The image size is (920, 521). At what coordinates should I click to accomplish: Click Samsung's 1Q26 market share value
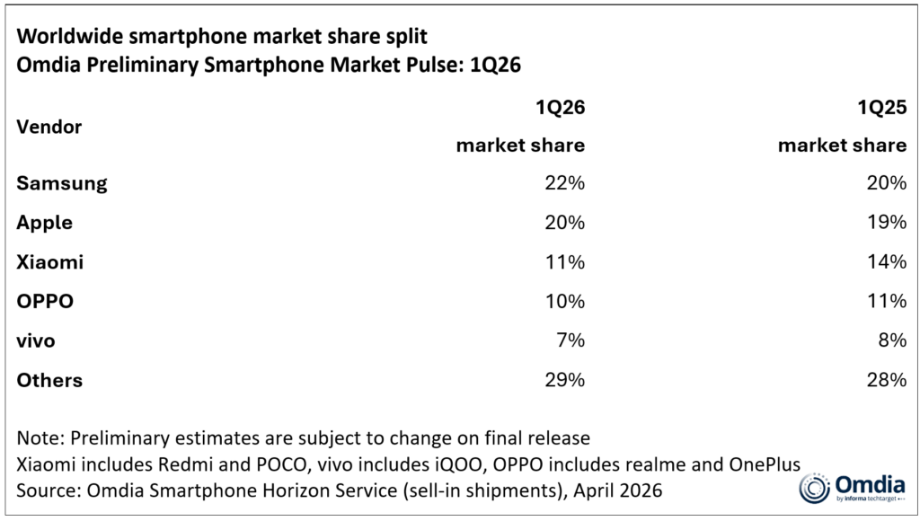[x=565, y=183]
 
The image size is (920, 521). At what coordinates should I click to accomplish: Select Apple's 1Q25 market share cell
[x=887, y=223]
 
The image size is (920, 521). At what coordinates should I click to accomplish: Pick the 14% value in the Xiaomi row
[x=887, y=262]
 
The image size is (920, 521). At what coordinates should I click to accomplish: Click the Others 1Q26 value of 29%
[x=565, y=380]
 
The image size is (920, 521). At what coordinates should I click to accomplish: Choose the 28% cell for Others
[x=887, y=380]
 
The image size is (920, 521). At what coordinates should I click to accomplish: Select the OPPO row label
[x=45, y=302]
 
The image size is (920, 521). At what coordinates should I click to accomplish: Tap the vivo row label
[x=37, y=340]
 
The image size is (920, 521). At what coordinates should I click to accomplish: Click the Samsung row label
[x=62, y=183]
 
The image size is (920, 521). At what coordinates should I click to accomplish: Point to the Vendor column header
[x=49, y=127]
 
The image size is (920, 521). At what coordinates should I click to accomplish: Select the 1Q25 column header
[x=881, y=108]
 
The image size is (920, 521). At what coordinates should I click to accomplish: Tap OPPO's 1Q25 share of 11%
[x=887, y=302]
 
